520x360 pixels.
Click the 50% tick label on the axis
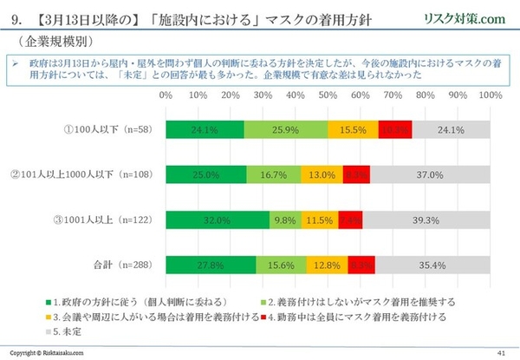328,95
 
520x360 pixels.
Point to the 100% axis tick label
490,95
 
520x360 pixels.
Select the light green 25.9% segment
286,129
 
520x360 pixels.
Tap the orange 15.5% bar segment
353,129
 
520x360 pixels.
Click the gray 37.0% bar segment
431,173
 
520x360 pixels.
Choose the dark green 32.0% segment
218,219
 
